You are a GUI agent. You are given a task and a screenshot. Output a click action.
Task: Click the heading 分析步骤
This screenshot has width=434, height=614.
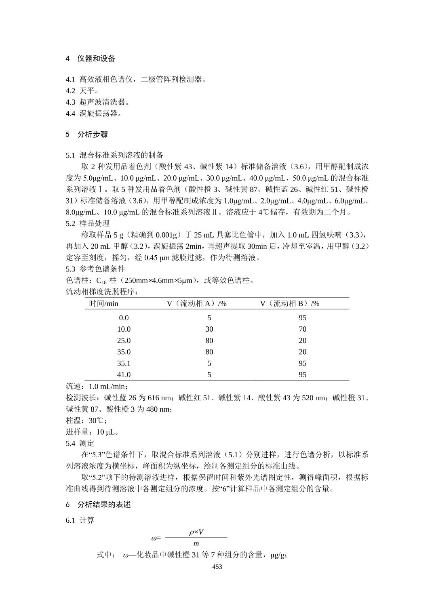[93, 135]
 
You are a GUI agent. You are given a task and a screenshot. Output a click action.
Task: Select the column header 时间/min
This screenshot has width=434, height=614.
[103, 303]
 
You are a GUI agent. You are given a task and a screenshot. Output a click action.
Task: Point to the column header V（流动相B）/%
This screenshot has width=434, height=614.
[289, 303]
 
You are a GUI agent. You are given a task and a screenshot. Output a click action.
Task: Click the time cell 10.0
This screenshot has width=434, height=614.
[124, 329]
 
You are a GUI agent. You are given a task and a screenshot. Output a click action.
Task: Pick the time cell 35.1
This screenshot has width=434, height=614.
[124, 363]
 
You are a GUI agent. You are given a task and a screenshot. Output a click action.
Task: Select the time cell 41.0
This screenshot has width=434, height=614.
[124, 374]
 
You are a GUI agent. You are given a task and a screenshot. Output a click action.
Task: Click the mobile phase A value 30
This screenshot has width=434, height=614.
[209, 329]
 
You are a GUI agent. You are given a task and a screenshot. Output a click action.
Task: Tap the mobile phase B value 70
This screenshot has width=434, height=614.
[302, 329]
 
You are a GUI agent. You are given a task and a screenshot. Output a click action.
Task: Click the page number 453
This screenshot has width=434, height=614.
[217, 567]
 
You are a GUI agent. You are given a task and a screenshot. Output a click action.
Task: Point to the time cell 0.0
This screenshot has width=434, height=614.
[124, 318]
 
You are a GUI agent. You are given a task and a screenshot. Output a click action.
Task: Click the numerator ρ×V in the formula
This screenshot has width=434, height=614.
[196, 532]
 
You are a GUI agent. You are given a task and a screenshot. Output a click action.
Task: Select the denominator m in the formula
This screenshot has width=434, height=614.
[196, 544]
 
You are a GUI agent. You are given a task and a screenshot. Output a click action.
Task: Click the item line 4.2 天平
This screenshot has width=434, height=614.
[82, 90]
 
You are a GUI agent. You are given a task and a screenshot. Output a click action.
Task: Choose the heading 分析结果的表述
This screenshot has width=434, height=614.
[104, 505]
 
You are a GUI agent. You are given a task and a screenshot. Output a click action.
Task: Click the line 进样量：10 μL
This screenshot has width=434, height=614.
[93, 432]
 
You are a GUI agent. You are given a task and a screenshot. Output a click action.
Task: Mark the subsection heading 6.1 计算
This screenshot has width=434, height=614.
[80, 520]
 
